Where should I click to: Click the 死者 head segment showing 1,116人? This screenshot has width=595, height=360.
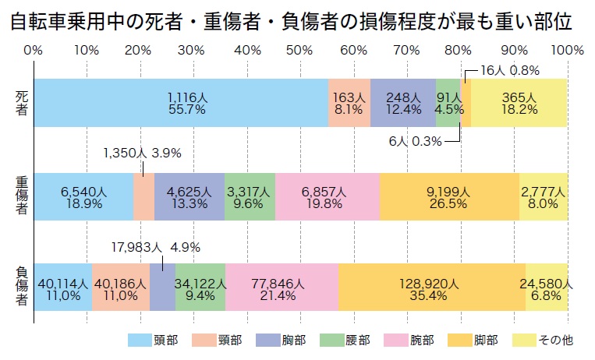(181, 103)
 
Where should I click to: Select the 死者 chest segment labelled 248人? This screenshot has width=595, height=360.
(402, 103)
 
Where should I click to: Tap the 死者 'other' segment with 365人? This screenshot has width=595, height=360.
(519, 103)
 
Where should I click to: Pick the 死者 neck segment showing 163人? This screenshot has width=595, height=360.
(349, 103)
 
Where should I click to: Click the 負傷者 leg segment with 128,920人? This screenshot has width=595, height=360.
(431, 288)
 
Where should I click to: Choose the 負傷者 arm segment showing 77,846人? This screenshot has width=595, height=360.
(282, 288)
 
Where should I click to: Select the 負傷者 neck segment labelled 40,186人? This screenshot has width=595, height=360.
(120, 288)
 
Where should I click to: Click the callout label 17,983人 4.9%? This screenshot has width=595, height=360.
(157, 248)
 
